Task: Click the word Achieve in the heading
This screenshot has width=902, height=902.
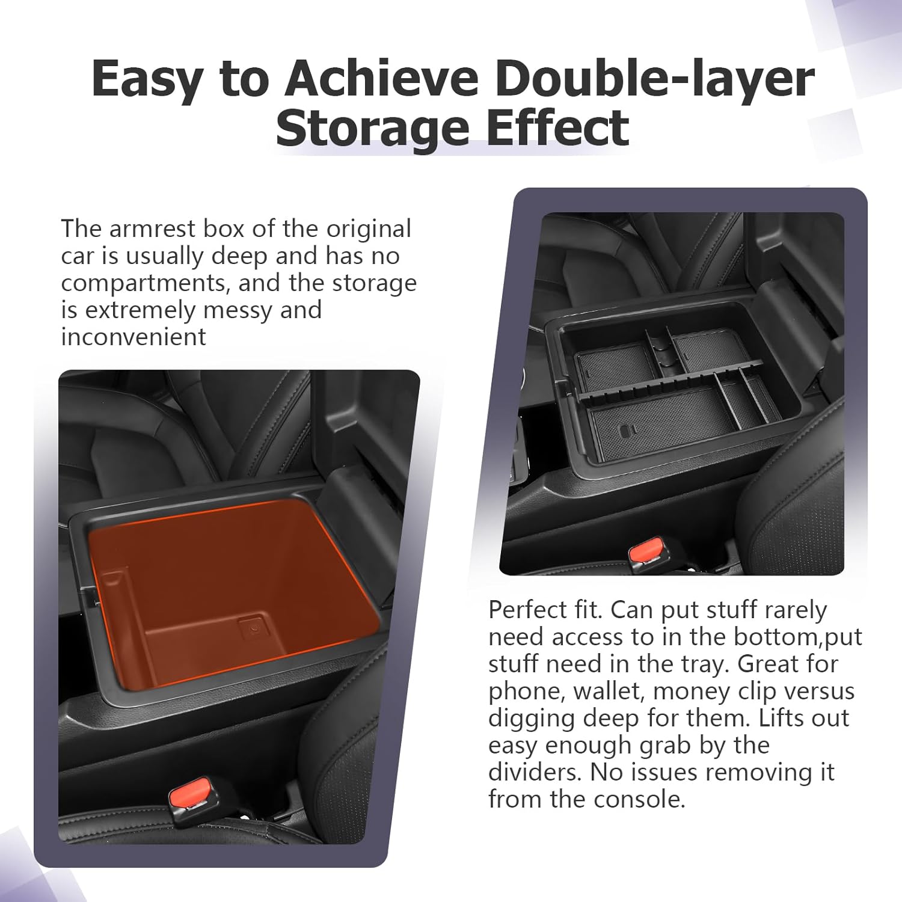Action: [x=382, y=79]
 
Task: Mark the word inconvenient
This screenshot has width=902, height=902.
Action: [x=133, y=337]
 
